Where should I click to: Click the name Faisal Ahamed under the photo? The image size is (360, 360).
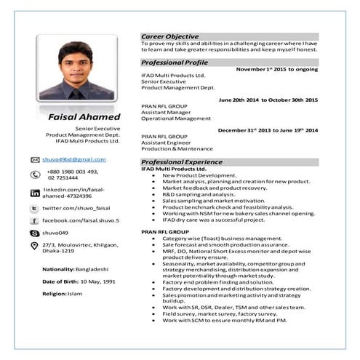point(80,116)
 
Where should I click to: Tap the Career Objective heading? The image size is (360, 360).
point(169,36)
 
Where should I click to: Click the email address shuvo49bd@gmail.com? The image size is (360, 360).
point(74,159)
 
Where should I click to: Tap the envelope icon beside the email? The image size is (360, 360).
point(35,159)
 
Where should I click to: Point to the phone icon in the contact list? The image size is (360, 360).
point(35,175)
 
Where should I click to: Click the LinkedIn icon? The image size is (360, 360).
point(35,193)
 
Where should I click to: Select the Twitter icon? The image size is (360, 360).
point(35,209)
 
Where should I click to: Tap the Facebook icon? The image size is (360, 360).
point(35,220)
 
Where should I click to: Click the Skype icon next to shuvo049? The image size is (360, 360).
point(35,233)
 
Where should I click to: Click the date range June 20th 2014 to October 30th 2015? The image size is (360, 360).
point(268,100)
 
